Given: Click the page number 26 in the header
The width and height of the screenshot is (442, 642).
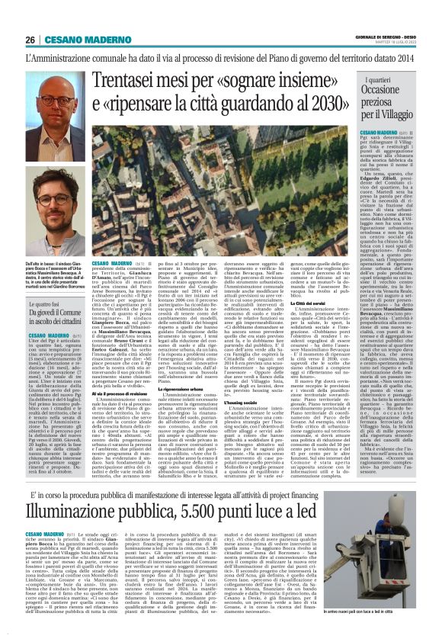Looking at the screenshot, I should click(30, 40).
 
